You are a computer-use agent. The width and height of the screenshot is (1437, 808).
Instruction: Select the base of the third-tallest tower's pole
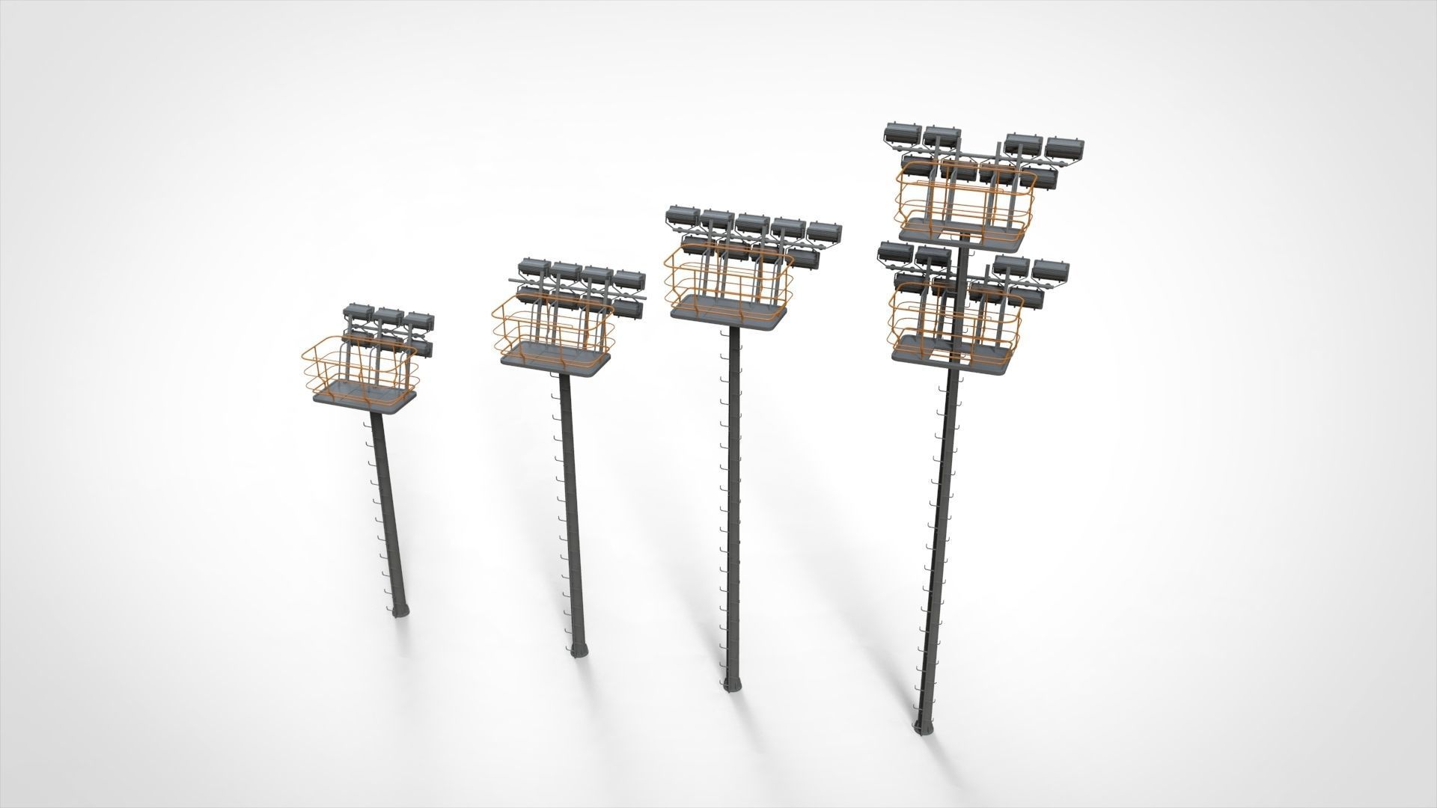(x=732, y=686)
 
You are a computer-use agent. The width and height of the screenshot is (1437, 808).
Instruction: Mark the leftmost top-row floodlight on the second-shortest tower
(x=533, y=268)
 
